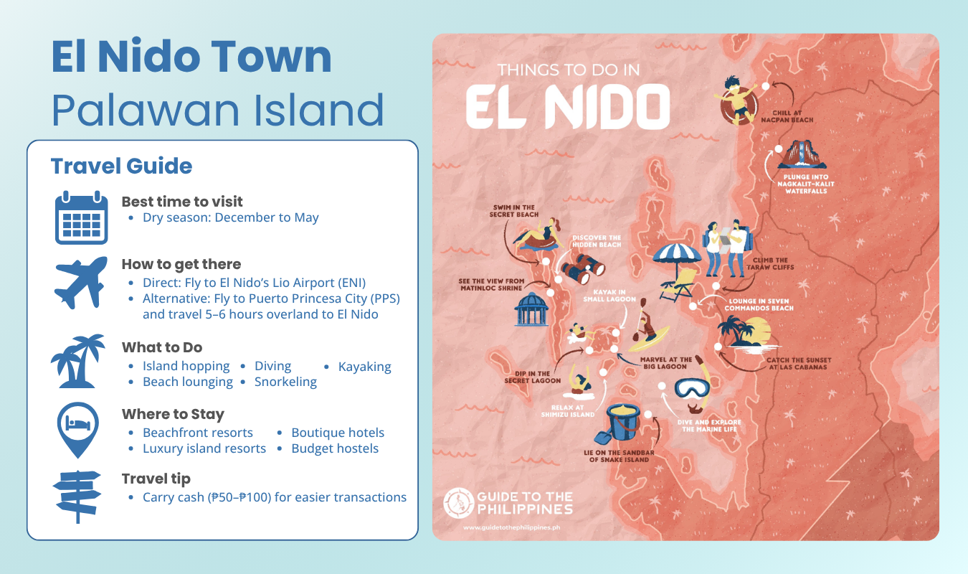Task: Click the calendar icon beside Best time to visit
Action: pyautogui.click(x=81, y=217)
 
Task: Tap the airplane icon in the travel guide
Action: pyautogui.click(x=81, y=284)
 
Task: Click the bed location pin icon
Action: pyautogui.click(x=78, y=429)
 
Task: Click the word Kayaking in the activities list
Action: pyautogui.click(x=365, y=367)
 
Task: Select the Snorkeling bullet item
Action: pyautogui.click(x=285, y=382)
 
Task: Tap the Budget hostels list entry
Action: pyautogui.click(x=335, y=448)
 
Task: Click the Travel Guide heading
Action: pyautogui.click(x=121, y=166)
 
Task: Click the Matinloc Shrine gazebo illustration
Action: pyautogui.click(x=531, y=311)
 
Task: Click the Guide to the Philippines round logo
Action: pyautogui.click(x=457, y=503)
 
